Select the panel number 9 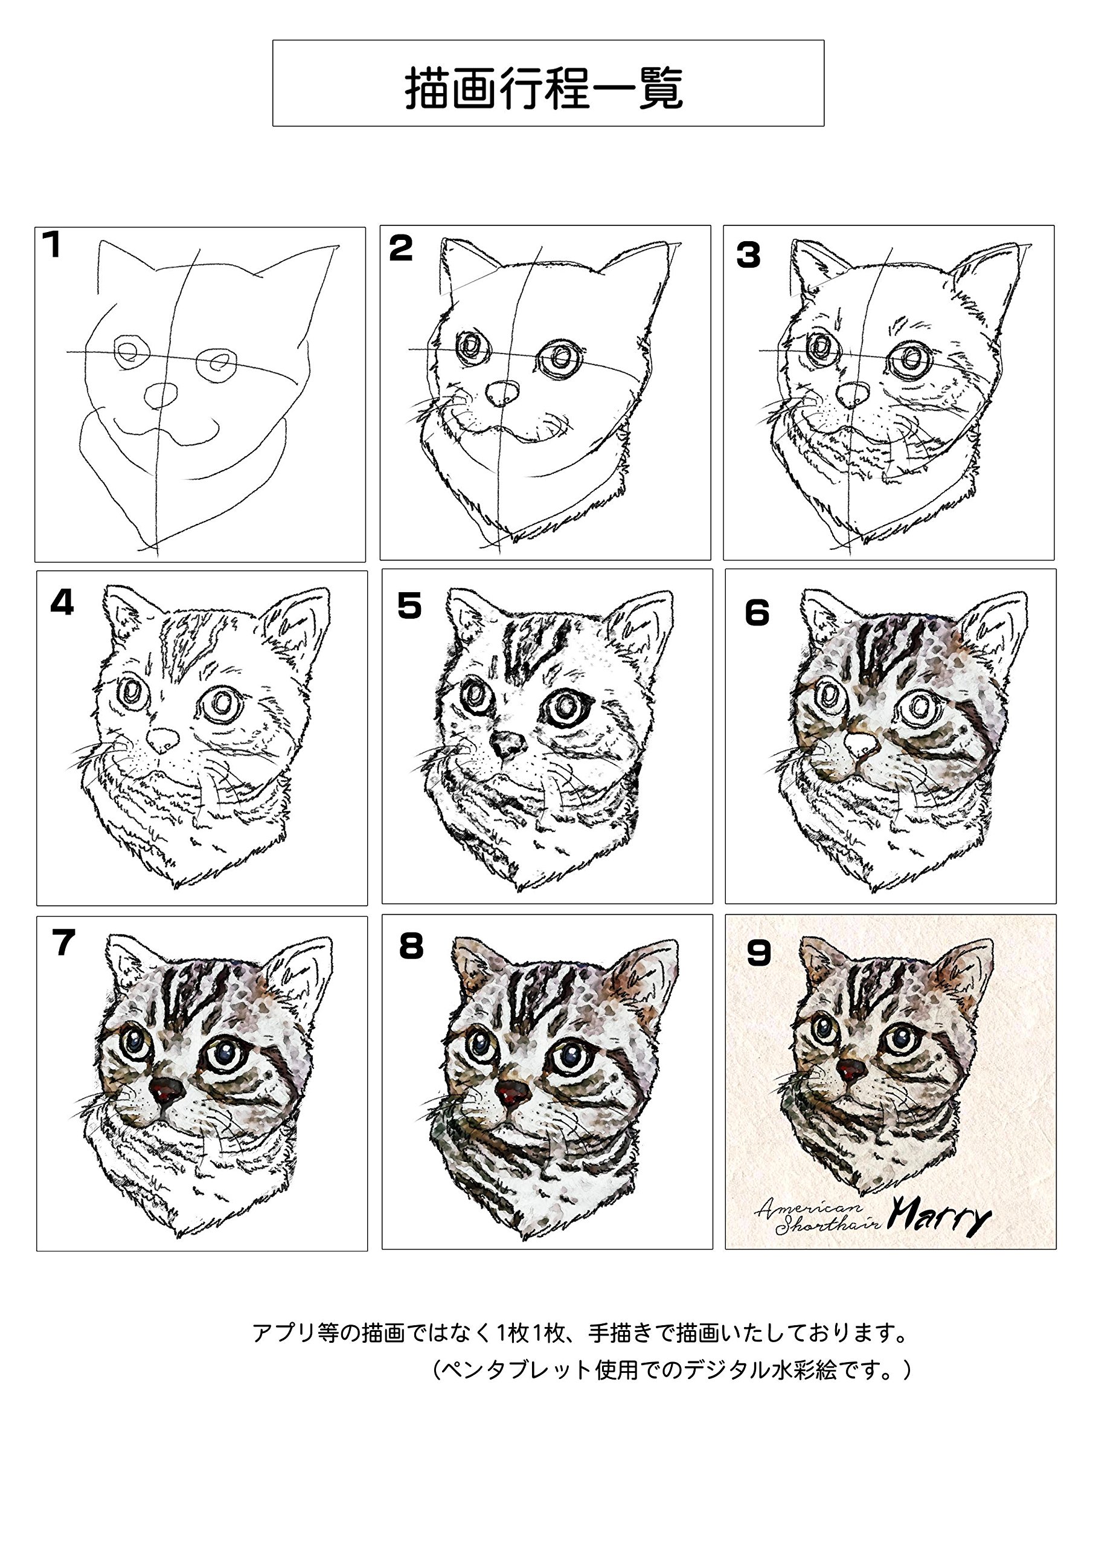(x=758, y=953)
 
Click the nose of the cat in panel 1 (x=161, y=394)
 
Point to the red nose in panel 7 (x=165, y=1090)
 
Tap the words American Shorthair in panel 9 (x=817, y=1216)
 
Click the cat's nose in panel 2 (x=502, y=392)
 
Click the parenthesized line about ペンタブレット (x=671, y=1370)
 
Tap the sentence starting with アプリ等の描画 (x=579, y=1332)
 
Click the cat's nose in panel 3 (x=853, y=393)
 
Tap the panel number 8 (x=410, y=946)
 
